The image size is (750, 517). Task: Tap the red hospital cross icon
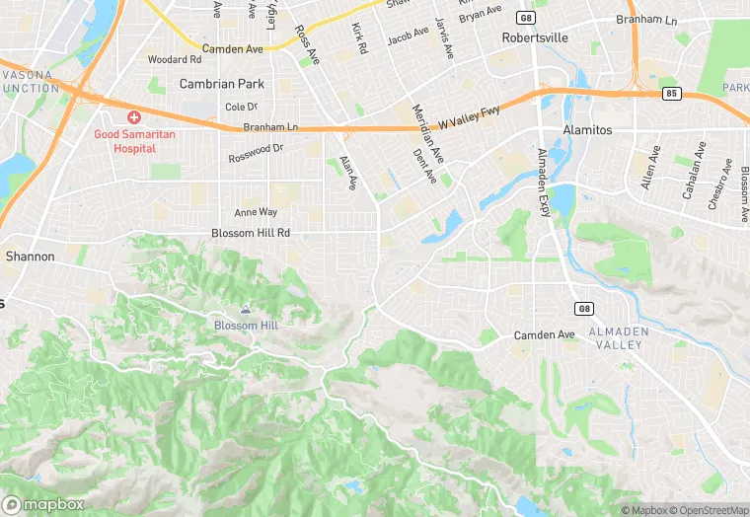coord(133,117)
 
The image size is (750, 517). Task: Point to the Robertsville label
coord(535,38)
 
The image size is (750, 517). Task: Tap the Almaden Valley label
coord(619,338)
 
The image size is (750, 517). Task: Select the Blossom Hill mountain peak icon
coord(246,309)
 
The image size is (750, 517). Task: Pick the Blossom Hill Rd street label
coord(251,233)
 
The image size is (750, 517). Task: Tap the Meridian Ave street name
coord(428,133)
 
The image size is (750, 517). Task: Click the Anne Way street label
coord(256,212)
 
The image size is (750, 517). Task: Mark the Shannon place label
coord(30,256)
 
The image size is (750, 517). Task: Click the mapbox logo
coord(44,504)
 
